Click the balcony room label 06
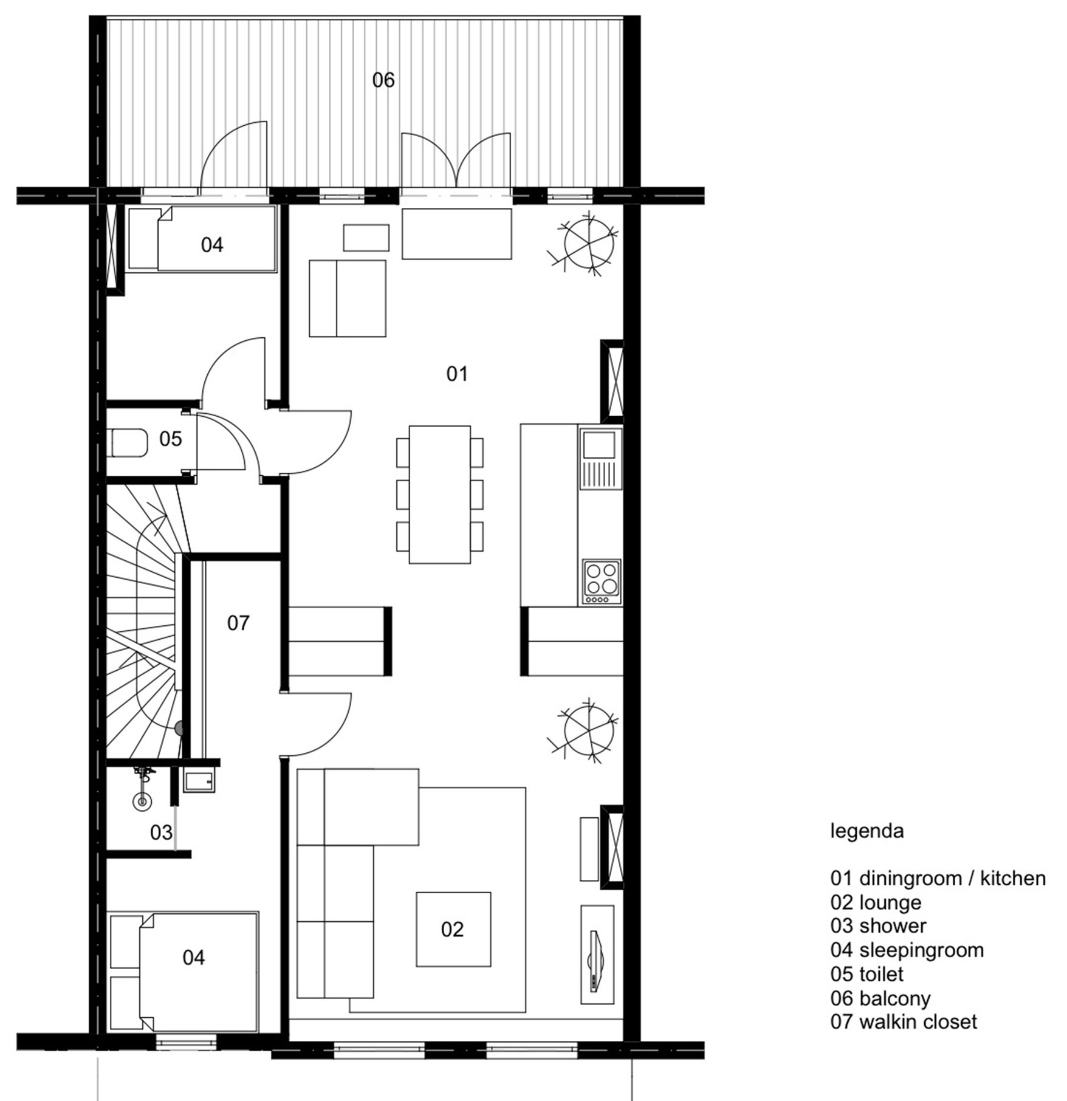pyautogui.click(x=383, y=80)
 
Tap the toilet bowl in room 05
pyautogui.click(x=128, y=443)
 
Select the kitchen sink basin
pyautogui.click(x=600, y=444)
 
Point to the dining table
pyautogui.click(x=439, y=495)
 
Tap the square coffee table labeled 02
pyautogui.click(x=453, y=929)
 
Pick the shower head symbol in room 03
pyautogui.click(x=143, y=801)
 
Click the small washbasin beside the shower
pyautogui.click(x=199, y=781)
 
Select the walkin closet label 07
pyautogui.click(x=238, y=623)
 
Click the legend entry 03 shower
pyautogui.click(x=878, y=925)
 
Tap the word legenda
pyautogui.click(x=867, y=831)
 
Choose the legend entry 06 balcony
pyautogui.click(x=880, y=998)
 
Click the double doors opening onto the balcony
pyautogui.click(x=456, y=161)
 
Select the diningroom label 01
pyautogui.click(x=457, y=374)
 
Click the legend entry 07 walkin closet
pyautogui.click(x=904, y=1021)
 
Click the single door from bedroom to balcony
pyautogui.click(x=234, y=158)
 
